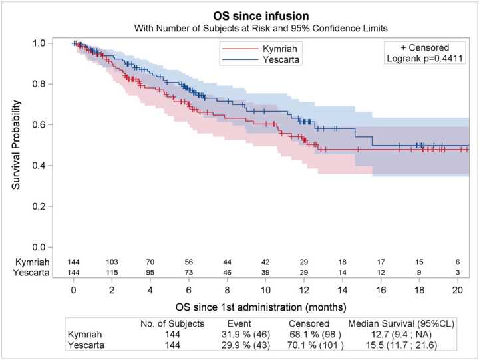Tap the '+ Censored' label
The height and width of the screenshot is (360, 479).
424,48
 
